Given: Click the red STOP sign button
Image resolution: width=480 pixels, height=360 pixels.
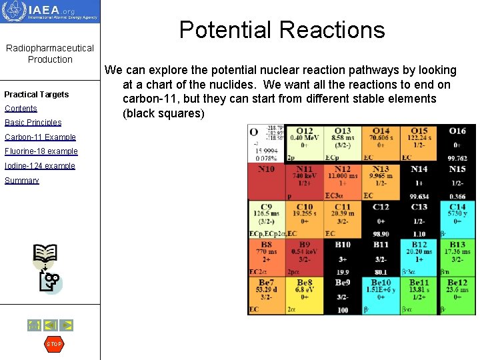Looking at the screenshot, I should click(54, 344).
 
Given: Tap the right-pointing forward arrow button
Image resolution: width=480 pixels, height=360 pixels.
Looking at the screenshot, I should click(66, 325).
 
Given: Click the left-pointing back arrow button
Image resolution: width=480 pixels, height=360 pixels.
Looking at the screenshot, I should click(50, 325).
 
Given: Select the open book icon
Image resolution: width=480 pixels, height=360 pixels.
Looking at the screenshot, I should click(45, 254).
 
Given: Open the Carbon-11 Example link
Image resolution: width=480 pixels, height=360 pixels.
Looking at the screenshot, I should click(40, 137).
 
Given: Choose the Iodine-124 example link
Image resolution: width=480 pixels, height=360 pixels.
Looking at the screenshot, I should click(39, 166).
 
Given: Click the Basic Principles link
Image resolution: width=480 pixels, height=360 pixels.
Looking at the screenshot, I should click(33, 123).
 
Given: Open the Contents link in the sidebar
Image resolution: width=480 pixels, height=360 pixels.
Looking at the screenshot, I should click(21, 109).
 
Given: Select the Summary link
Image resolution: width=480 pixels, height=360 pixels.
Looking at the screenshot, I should click(21, 181).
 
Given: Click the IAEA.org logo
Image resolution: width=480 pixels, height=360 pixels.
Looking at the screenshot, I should click(50, 12).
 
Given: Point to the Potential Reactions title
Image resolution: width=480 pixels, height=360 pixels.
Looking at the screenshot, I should click(282, 30).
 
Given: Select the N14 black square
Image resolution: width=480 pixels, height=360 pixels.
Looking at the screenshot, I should click(419, 181).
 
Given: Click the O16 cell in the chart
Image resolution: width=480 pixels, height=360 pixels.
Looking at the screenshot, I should click(457, 143).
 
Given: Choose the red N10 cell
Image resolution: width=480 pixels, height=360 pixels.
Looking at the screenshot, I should click(266, 181).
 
